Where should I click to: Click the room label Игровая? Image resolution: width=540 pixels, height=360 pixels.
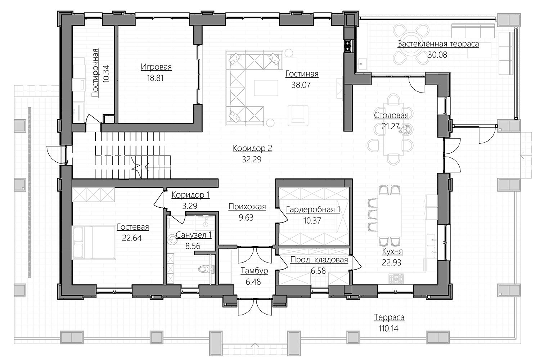tap(156, 67)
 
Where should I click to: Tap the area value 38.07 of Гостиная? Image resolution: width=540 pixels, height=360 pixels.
tap(301, 85)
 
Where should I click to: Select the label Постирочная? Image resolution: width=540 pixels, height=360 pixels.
tap(95, 73)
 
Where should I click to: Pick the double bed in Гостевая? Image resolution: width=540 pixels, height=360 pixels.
tap(94, 242)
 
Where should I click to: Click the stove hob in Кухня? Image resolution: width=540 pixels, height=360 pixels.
tap(396, 279)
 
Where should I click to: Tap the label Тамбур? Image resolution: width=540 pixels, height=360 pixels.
tap(254, 271)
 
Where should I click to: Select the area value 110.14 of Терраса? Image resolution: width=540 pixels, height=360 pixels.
tap(388, 328)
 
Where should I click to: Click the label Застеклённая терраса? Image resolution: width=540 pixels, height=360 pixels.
tap(438, 44)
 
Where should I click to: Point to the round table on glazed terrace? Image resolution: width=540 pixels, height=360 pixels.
tap(411, 44)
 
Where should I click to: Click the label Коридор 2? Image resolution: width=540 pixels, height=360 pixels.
tap(252, 148)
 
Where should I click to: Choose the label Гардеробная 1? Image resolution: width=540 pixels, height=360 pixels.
tap(313, 209)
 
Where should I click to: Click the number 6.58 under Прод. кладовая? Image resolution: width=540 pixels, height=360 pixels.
tap(318, 271)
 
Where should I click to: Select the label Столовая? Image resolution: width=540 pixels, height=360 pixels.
tap(391, 115)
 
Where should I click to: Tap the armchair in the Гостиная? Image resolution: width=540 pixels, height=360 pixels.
tap(298, 115)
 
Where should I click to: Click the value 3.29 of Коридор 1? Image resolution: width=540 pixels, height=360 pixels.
tap(190, 206)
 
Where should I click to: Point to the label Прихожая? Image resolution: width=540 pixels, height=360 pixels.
tap(247, 206)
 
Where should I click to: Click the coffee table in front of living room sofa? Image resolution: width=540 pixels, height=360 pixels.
tap(266, 88)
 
